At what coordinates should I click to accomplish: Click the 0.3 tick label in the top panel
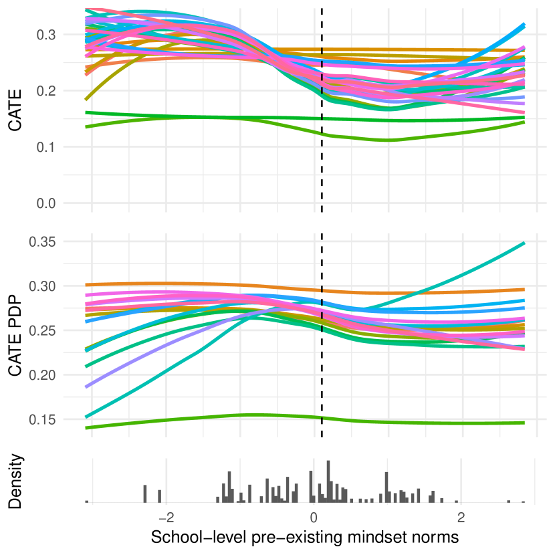[x=46, y=35]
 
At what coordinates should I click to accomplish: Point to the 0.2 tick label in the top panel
[x=46, y=91]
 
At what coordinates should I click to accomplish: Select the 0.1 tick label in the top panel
[x=46, y=147]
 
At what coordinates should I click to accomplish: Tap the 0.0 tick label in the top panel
[x=46, y=203]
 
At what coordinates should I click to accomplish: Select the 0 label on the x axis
[x=314, y=518]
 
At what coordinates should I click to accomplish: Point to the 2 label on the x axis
[x=461, y=518]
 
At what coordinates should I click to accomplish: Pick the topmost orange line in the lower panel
[x=167, y=284]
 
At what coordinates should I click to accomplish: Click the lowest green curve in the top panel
[x=388, y=140]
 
